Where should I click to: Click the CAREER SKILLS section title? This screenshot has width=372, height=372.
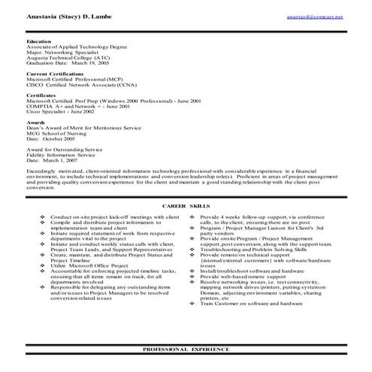186,205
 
